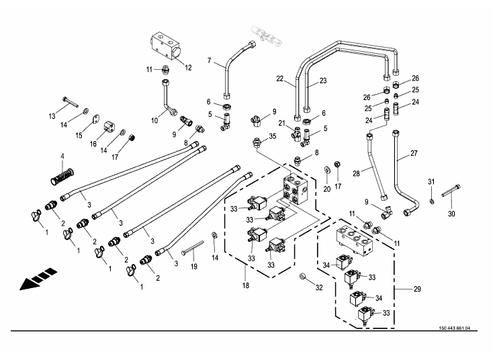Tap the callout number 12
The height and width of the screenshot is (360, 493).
click(x=189, y=67)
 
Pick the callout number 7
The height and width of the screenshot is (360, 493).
click(x=210, y=62)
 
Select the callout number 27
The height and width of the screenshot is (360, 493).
click(x=414, y=153)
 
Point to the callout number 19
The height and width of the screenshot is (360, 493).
click(x=193, y=267)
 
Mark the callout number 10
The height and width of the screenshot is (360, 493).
click(x=154, y=120)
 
